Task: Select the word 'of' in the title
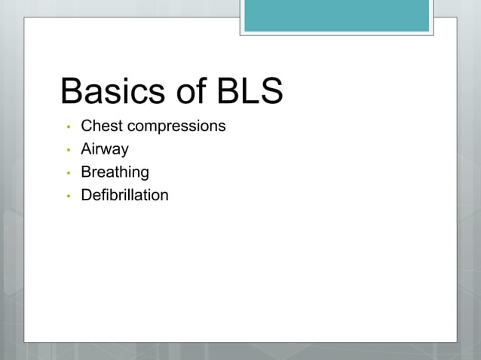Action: coord(191,92)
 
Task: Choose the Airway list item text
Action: coord(105,149)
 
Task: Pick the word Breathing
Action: coord(115,172)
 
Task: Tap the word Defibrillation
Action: coord(124,195)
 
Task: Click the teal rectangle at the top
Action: coord(336,16)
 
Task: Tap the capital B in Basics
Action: coord(72,92)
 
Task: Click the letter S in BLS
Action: coord(270,92)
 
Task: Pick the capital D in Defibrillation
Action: coord(86,195)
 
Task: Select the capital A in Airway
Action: coord(86,149)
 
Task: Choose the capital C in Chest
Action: coord(87,126)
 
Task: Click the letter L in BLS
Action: coord(249,92)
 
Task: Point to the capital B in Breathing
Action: coord(86,172)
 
